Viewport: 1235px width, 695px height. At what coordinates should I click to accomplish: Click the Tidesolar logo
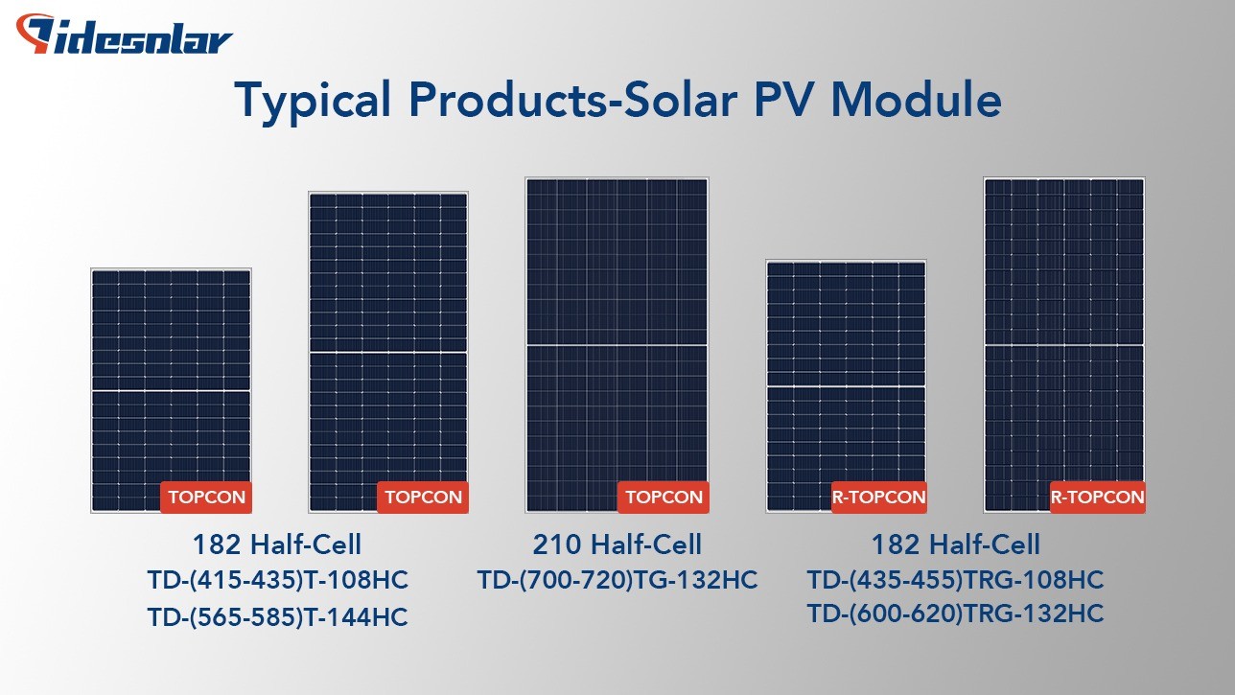click(124, 35)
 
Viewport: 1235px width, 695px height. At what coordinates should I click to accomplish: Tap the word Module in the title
click(916, 99)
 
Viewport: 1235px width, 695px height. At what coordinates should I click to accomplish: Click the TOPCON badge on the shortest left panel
click(206, 498)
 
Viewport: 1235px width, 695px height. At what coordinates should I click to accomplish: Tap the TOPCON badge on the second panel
click(423, 498)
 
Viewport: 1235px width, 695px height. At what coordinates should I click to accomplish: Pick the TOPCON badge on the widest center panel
click(664, 498)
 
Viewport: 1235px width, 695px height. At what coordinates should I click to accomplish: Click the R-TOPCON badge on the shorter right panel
click(879, 498)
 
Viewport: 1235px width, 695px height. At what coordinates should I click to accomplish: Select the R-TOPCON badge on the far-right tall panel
click(1097, 498)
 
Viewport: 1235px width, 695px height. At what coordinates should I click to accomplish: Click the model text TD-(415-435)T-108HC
click(278, 580)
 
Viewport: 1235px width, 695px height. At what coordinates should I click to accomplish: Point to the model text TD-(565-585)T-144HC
click(278, 617)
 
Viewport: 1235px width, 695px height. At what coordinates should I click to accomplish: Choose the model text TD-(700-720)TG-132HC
click(617, 580)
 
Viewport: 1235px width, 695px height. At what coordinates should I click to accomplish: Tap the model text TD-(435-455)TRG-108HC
click(955, 580)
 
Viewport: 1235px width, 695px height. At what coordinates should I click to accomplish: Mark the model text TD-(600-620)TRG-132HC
click(955, 614)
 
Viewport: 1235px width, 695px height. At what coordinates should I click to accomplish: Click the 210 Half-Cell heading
click(617, 544)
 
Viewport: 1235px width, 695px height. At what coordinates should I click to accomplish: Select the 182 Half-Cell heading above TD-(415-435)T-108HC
click(277, 544)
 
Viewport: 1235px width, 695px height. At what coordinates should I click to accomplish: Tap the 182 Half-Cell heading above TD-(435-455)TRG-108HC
click(955, 544)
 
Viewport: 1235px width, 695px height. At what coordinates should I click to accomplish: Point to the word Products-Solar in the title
click(572, 100)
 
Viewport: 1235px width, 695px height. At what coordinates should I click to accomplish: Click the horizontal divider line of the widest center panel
click(617, 345)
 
